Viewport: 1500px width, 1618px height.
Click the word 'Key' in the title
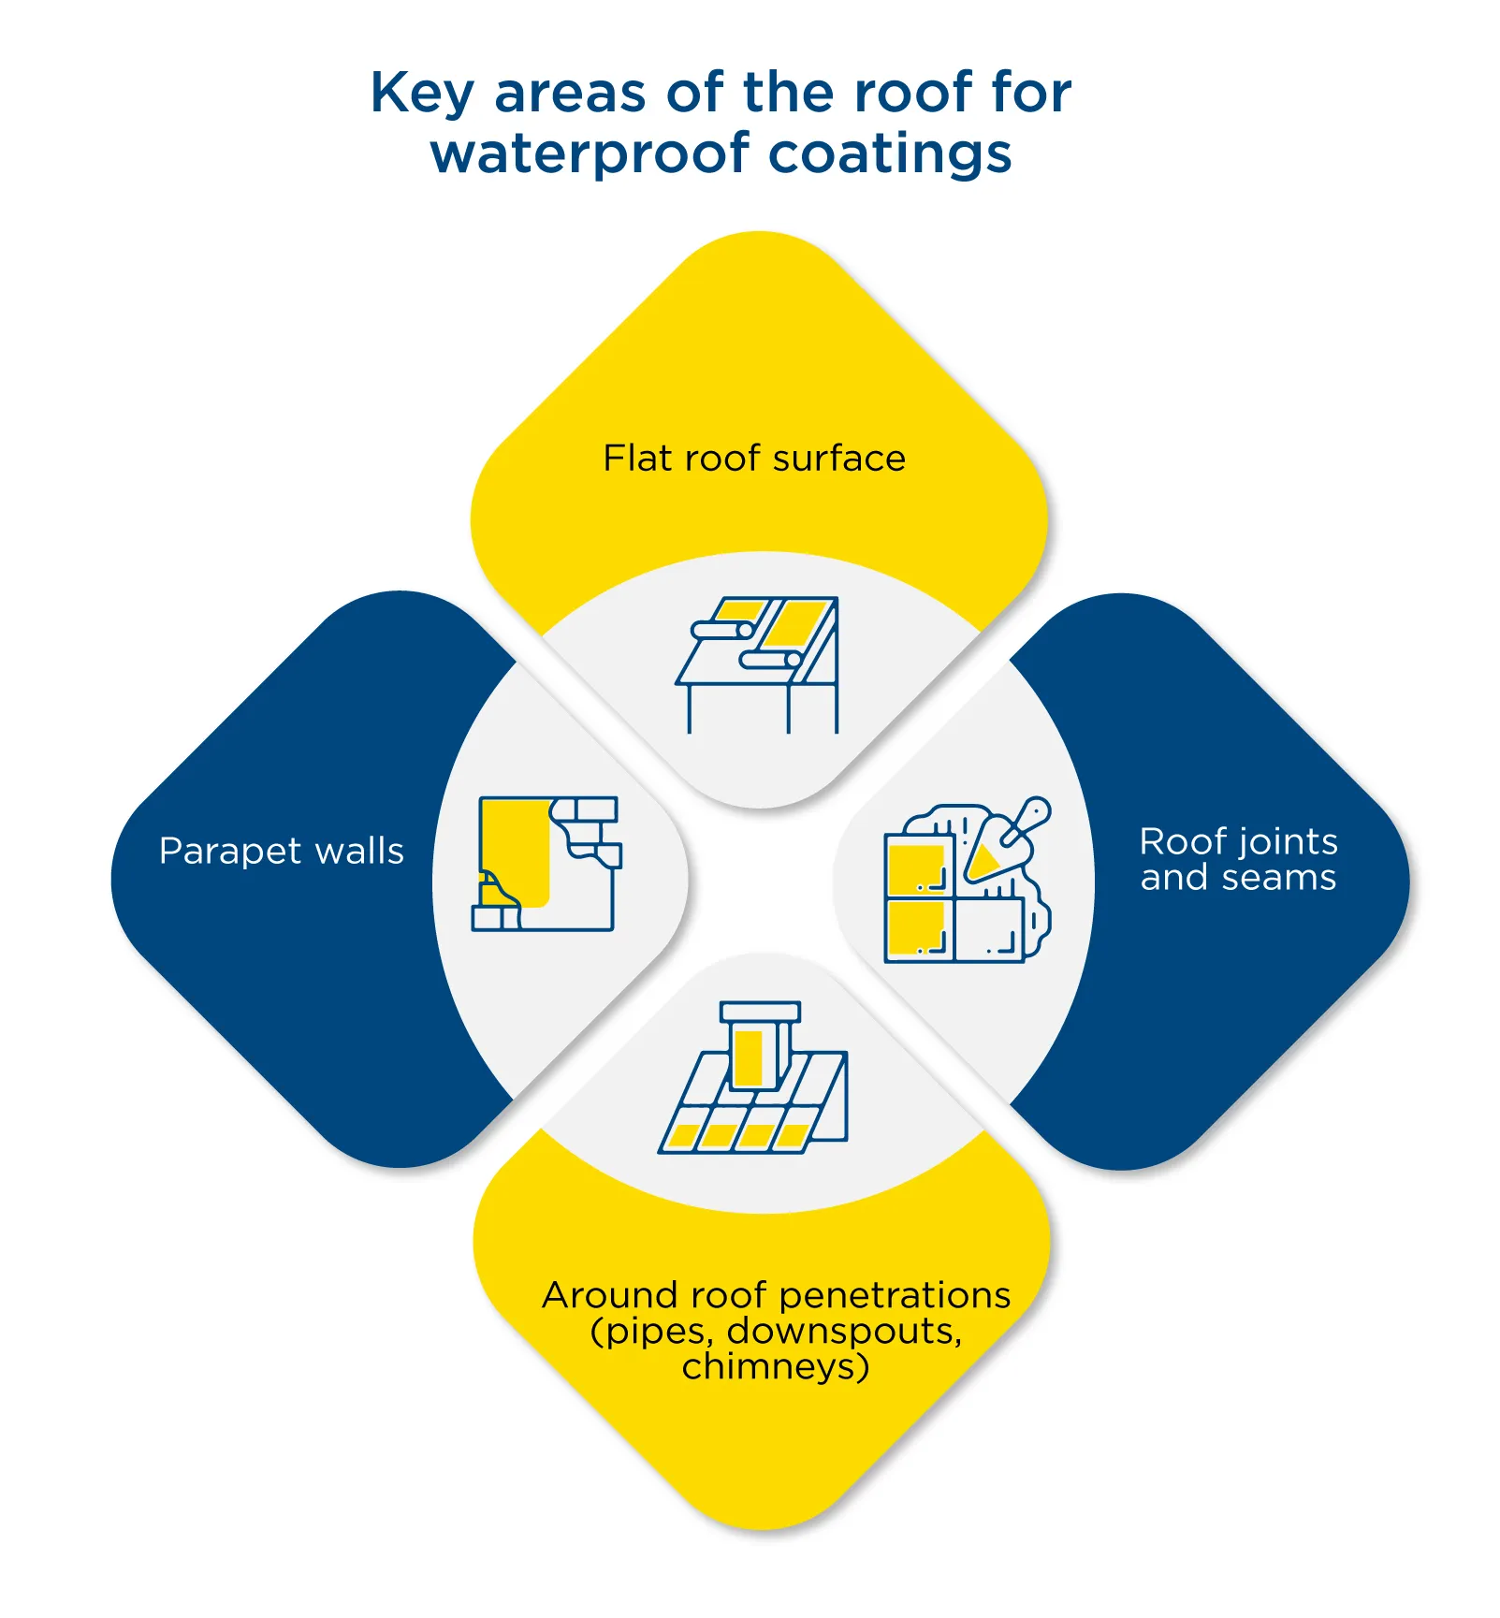pyautogui.click(x=422, y=94)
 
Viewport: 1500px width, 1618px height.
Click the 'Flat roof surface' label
pyautogui.click(x=754, y=459)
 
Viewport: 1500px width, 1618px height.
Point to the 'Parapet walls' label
pyautogui.click(x=281, y=852)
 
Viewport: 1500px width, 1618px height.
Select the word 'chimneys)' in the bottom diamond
pyautogui.click(x=776, y=1366)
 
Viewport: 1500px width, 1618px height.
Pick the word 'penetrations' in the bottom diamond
pyautogui.click(x=895, y=1295)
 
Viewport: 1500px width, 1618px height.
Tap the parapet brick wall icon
pyautogui.click(x=546, y=863)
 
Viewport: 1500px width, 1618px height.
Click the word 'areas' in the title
pyautogui.click(x=570, y=94)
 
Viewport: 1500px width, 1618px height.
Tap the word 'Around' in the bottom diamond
pyautogui.click(x=609, y=1295)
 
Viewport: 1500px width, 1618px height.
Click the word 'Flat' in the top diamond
pyautogui.click(x=636, y=459)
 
